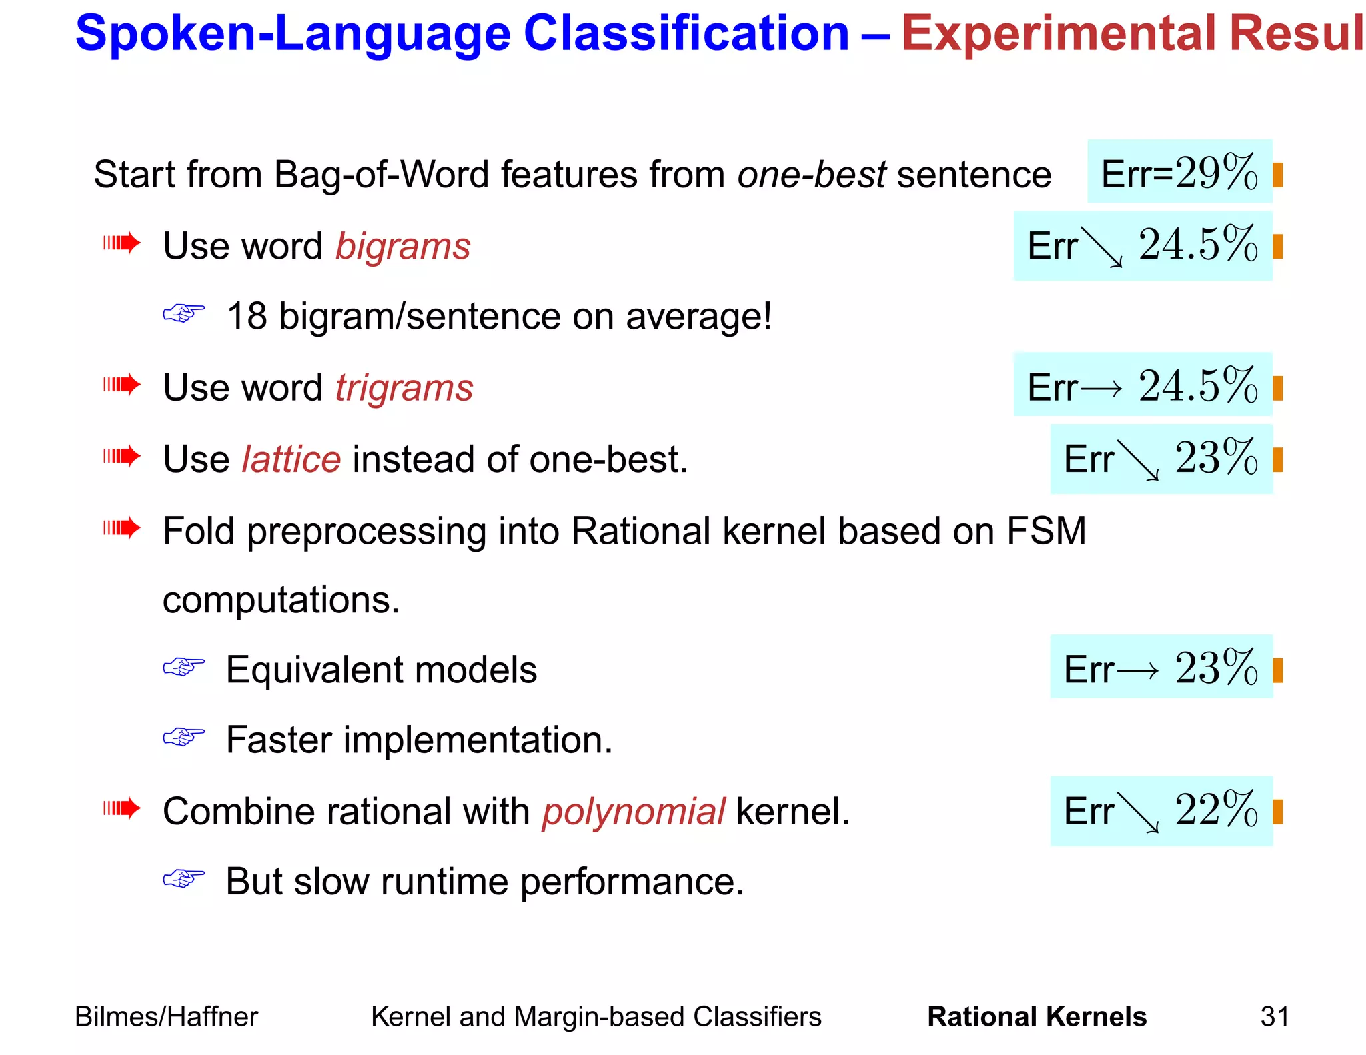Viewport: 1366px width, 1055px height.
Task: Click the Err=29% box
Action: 1179,173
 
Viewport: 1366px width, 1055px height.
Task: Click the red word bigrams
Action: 403,246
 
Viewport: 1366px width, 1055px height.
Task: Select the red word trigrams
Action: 404,387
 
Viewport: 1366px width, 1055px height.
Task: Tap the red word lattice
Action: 291,459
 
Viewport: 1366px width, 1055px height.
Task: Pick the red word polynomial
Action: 633,812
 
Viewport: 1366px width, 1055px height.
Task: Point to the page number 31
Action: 1274,1016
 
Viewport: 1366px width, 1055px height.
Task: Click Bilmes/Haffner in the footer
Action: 166,1016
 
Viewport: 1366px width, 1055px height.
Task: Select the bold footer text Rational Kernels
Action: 1037,1016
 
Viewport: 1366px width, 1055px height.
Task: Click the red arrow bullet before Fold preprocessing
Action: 122,528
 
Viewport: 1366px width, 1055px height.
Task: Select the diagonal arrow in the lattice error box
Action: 1139,461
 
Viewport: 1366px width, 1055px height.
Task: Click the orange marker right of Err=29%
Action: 1277,175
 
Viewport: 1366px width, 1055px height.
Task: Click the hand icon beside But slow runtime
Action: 184,878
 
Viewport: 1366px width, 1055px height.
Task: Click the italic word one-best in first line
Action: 811,175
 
